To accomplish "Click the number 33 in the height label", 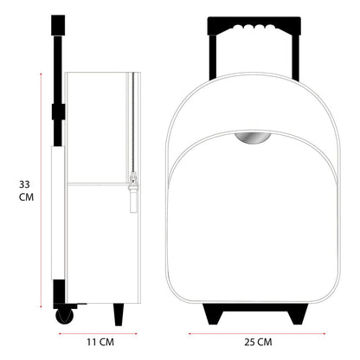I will [x=27, y=183].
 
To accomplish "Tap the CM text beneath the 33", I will [x=27, y=198].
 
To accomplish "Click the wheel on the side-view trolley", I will [x=63, y=315].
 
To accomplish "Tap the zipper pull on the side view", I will [x=132, y=192].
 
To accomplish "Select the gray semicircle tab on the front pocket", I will [x=251, y=138].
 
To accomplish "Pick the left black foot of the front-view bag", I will [x=212, y=311].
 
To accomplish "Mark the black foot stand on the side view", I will [x=119, y=313].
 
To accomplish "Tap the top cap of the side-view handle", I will [x=57, y=24].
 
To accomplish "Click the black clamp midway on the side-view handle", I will [x=58, y=112].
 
